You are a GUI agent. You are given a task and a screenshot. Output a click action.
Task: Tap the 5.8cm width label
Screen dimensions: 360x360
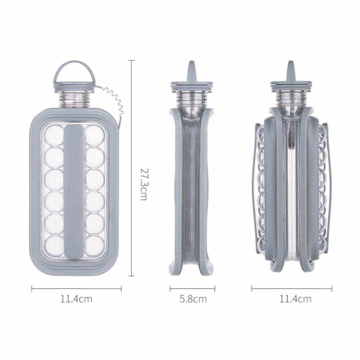pyautogui.click(x=193, y=299)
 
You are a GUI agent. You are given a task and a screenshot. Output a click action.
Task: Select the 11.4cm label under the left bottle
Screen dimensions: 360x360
pyautogui.click(x=76, y=299)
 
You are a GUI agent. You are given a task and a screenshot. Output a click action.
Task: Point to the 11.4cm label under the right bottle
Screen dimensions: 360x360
pyautogui.click(x=295, y=299)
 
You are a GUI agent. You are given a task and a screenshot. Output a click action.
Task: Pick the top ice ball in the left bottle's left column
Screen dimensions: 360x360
pyautogui.click(x=54, y=136)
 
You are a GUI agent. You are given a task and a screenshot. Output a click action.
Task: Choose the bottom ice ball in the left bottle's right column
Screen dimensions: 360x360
pyautogui.click(x=95, y=246)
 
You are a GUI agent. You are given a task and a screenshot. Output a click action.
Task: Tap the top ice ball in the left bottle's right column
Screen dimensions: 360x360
pyautogui.click(x=95, y=136)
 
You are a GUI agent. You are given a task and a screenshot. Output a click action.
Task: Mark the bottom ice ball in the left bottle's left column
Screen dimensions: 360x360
pyautogui.click(x=54, y=246)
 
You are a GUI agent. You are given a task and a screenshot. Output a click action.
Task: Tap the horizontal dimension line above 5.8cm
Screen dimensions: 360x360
pyautogui.click(x=192, y=289)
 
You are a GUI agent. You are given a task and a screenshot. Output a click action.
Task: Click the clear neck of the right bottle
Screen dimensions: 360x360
pyautogui.click(x=291, y=99)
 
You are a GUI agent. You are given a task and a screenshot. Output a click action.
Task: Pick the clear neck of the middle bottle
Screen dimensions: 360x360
pyautogui.click(x=192, y=99)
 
